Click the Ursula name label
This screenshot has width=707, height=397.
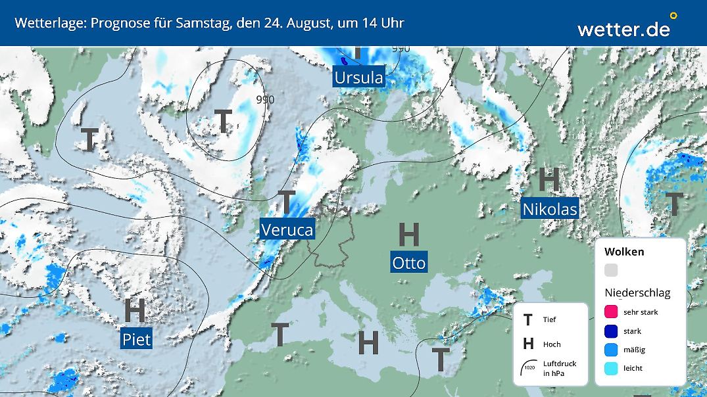[358, 78]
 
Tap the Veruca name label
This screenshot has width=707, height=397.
[287, 229]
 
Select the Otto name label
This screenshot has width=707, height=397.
[409, 263]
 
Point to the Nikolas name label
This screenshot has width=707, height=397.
[550, 209]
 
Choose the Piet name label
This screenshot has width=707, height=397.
[136, 339]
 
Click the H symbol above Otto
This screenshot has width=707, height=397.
[409, 235]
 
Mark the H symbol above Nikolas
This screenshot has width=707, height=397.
[549, 179]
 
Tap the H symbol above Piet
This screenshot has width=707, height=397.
[135, 310]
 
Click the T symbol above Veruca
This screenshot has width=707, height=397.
[287, 201]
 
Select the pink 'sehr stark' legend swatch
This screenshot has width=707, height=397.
[611, 312]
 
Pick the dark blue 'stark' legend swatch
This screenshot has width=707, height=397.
[611, 331]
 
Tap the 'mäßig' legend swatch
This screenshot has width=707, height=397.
[611, 350]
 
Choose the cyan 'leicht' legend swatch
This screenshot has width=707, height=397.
[611, 368]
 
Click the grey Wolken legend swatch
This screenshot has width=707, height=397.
[611, 270]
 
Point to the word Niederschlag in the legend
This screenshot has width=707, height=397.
[637, 293]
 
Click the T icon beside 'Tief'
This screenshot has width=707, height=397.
[527, 320]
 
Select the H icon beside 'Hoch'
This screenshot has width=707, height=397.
[527, 344]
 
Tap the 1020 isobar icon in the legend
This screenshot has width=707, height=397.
[529, 367]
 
